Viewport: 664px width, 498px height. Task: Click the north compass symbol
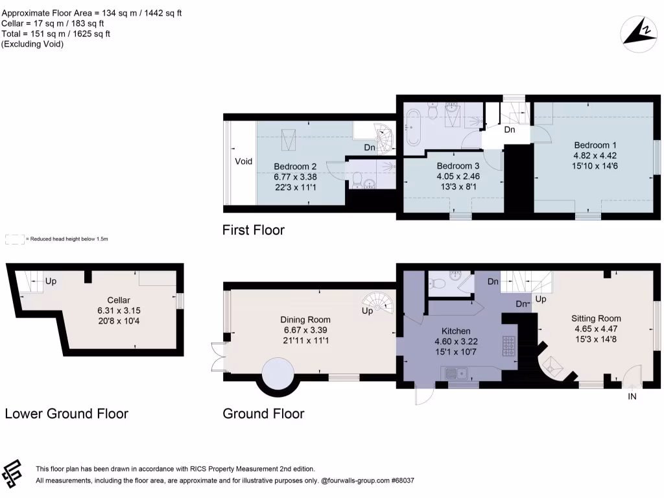638,34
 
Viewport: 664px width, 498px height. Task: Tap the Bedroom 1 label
595,145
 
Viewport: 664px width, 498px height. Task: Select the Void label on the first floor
244,161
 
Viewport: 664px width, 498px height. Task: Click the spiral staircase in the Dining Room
378,302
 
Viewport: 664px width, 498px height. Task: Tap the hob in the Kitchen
509,346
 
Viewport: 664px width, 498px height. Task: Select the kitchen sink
455,373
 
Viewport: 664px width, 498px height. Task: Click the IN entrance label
632,397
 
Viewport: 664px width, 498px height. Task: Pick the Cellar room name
119,300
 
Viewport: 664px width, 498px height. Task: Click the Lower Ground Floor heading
67,414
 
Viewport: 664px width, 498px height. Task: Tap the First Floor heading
254,230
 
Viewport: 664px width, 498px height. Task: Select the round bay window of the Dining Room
278,377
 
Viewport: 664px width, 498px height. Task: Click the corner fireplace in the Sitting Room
552,366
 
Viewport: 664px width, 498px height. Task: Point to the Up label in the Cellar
51,281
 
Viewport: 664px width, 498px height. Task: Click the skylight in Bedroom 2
289,139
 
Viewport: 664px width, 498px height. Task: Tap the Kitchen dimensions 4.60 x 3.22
456,341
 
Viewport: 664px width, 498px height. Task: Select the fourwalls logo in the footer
12,474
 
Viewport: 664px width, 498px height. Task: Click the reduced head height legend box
15,239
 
